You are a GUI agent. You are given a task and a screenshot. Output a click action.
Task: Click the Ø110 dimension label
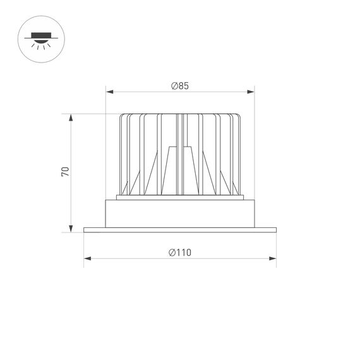[180, 253]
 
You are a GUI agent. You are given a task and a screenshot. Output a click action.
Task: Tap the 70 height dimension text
[65, 172]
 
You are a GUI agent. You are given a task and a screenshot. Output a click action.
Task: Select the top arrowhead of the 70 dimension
[71, 117]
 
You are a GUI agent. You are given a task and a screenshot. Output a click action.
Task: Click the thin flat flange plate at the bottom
[180, 230]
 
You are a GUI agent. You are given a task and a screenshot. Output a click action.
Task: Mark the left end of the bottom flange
[85, 230]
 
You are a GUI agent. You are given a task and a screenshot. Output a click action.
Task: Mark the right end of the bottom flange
[276, 230]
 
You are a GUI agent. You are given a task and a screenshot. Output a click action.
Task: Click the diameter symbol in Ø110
[172, 253]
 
